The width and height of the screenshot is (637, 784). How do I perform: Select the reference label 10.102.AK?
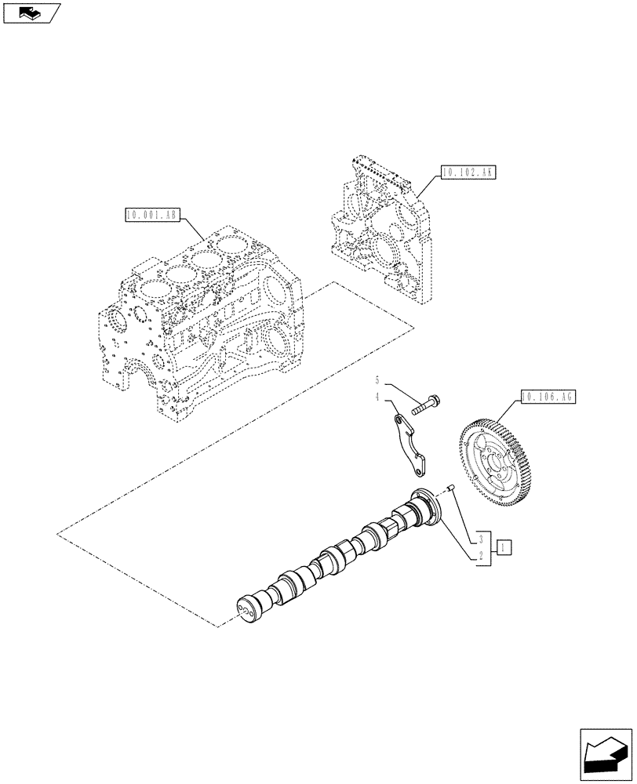pyautogui.click(x=468, y=172)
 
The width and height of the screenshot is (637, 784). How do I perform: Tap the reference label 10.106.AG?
pyautogui.click(x=548, y=397)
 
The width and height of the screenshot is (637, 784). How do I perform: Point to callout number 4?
pyautogui.click(x=377, y=398)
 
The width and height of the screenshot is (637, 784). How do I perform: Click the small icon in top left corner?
pyautogui.click(x=31, y=13)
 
